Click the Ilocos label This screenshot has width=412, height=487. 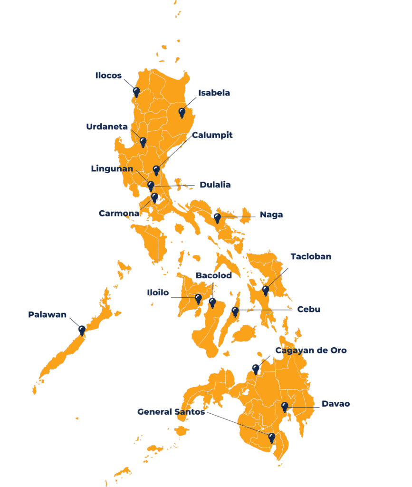point(108,76)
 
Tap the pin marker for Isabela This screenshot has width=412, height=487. point(182,112)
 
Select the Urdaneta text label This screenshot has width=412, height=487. point(107,127)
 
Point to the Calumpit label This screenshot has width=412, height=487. point(212,136)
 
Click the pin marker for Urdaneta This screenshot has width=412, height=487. point(143,142)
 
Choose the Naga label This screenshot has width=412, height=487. point(271,215)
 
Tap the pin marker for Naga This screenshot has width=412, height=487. point(217,218)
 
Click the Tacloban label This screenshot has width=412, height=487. point(311,257)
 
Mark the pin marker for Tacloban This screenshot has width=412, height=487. point(266,290)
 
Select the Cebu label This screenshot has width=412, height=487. point(308,310)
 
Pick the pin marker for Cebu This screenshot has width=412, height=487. point(235,311)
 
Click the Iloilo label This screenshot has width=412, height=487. point(158,293)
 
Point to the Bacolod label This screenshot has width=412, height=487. point(214,276)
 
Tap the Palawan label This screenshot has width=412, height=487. point(47,315)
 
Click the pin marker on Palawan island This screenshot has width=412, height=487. point(82,330)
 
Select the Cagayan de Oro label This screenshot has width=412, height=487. point(311,351)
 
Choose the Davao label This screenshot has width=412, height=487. point(335,404)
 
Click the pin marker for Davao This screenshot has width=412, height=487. point(285,407)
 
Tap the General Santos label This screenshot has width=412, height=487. point(171,412)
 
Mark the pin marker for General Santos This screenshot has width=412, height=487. point(271,437)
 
